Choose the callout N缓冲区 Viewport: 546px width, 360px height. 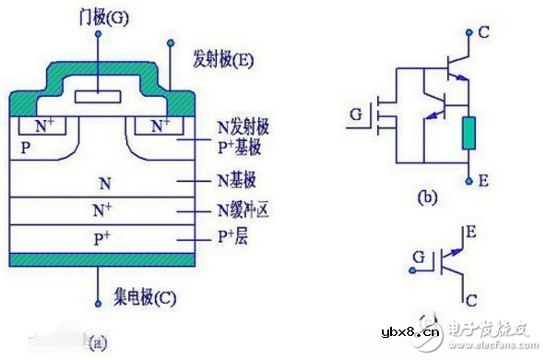pyautogui.click(x=246, y=211)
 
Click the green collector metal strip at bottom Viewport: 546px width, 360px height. pyautogui.click(x=101, y=258)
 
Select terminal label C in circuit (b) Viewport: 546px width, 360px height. pyautogui.click(x=483, y=31)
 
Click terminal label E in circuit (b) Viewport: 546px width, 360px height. pyautogui.click(x=483, y=182)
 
